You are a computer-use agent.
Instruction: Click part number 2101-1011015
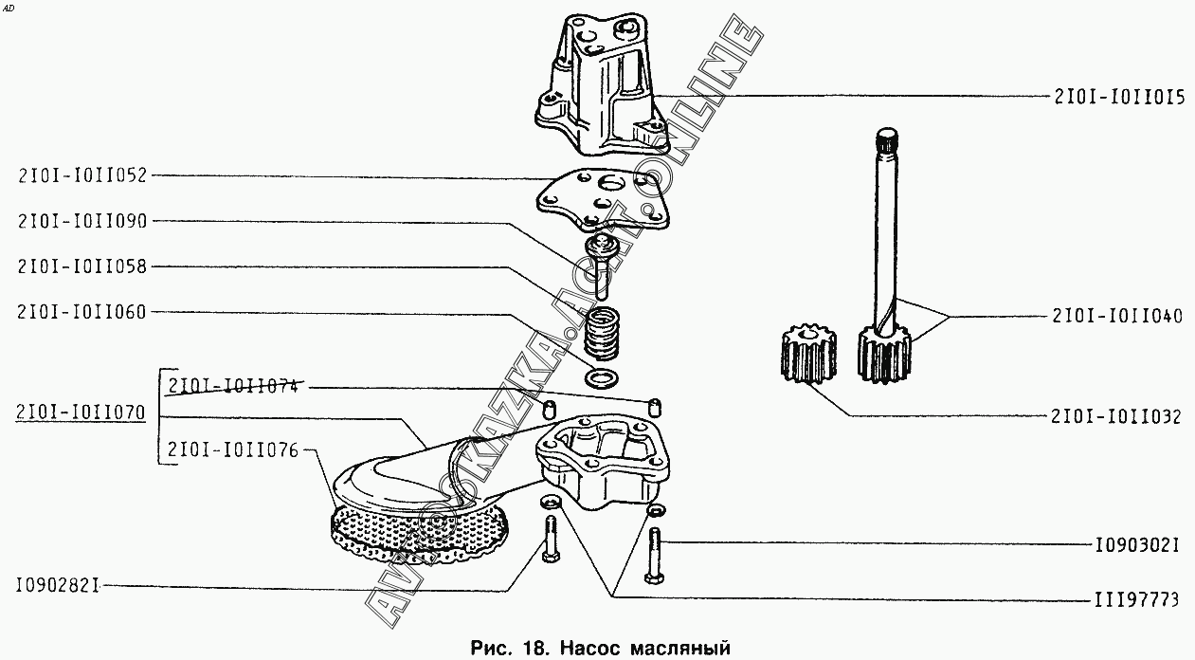(1116, 96)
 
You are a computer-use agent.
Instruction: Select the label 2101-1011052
(82, 174)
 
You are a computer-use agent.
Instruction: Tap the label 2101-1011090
(82, 221)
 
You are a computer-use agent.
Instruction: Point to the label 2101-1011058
(82, 266)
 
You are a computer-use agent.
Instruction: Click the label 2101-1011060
(82, 312)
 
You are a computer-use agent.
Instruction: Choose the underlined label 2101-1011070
(81, 413)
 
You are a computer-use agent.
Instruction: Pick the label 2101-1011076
(233, 450)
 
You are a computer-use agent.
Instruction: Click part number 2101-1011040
(1116, 316)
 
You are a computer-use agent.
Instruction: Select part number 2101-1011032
(1116, 416)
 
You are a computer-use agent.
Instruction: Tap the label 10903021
(1135, 546)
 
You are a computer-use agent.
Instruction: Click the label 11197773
(1135, 599)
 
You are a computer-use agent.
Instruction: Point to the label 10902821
(58, 586)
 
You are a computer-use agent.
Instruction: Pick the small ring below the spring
(600, 380)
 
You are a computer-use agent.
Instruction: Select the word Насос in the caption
(590, 649)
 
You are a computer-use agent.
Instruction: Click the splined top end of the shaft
(889, 142)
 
